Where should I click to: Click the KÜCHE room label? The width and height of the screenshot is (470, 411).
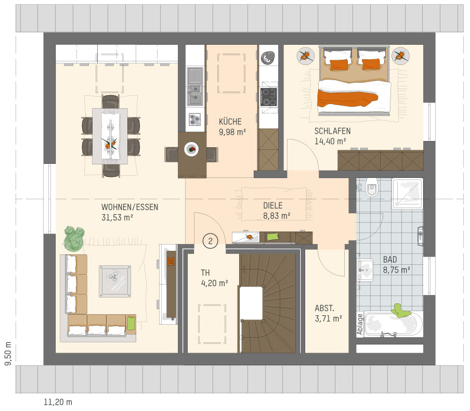point(230,122)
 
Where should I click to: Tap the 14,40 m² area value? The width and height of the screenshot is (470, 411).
point(330,141)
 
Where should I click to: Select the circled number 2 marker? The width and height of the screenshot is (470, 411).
point(210,241)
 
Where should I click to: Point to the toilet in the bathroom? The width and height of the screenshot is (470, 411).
point(372,187)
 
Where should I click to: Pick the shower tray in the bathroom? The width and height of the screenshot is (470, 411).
point(408,194)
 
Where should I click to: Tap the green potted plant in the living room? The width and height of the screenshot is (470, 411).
point(74,239)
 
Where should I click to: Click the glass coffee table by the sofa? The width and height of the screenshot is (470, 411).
point(115,281)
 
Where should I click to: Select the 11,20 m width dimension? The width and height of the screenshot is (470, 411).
point(58,402)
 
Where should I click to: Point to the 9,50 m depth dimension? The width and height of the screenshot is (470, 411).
point(8,353)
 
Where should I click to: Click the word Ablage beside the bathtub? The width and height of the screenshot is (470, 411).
point(360,324)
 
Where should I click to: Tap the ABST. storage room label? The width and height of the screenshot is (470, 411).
point(324,308)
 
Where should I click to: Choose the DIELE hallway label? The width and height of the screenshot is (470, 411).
point(273,205)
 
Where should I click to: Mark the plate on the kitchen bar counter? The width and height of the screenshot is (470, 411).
point(191,149)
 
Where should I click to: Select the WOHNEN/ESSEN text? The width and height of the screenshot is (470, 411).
point(130,207)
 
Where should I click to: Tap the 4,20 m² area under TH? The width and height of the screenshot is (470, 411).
point(215,283)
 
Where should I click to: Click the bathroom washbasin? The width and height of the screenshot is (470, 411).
point(365,270)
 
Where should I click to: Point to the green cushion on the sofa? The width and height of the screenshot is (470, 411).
point(131,324)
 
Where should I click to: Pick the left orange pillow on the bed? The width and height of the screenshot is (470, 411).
point(340,65)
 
